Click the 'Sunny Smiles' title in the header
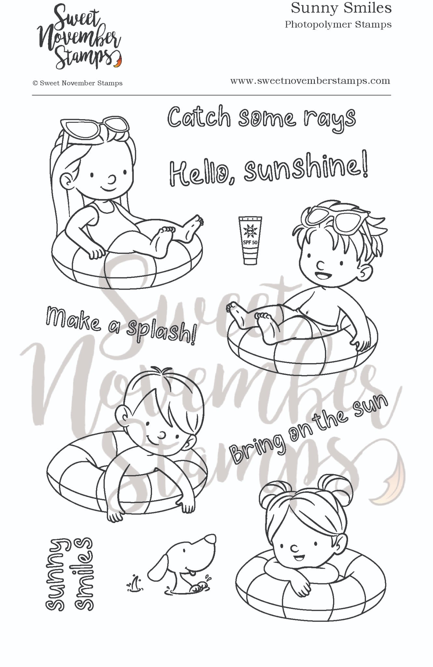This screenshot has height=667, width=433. (341, 8)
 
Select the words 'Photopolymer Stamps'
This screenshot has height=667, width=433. (338, 25)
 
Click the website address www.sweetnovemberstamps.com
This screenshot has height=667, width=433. (310, 81)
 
